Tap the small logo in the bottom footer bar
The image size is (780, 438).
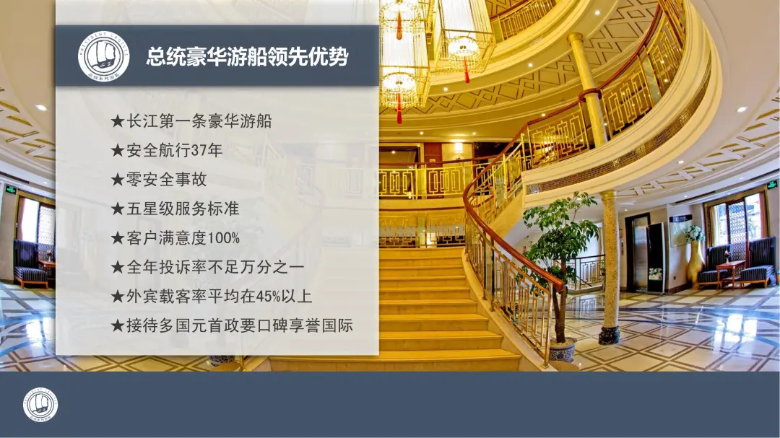40,405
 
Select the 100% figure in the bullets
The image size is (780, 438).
223,238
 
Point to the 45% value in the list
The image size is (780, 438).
269,297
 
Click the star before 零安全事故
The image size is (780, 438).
118,180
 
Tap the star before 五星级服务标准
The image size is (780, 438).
118,209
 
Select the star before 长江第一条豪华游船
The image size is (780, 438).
118,121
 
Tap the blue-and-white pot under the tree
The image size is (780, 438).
563,349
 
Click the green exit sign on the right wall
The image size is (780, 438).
771,185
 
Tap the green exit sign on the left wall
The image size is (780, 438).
10,190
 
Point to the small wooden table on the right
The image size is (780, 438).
730,274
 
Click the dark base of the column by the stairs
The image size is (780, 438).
609,335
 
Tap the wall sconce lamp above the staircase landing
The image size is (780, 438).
458,149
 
